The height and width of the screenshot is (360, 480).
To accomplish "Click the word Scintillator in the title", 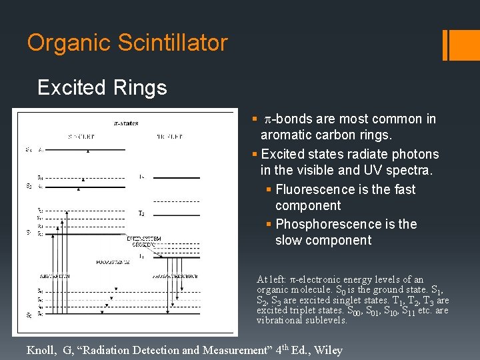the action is pos(173,43).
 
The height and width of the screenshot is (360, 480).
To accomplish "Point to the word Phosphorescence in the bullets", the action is pos(327,224).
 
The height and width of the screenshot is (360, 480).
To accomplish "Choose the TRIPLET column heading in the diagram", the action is pos(168,137).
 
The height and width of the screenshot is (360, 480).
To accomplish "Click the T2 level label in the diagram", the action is pos(141,213).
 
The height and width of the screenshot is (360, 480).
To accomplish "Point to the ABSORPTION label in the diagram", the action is pos(55,275).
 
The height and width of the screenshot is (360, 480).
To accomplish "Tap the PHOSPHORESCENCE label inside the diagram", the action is pos(175,275).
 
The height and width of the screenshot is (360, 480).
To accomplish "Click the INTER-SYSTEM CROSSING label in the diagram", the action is pos(143,241).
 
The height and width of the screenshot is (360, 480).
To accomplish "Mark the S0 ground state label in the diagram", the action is pos(28,314).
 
